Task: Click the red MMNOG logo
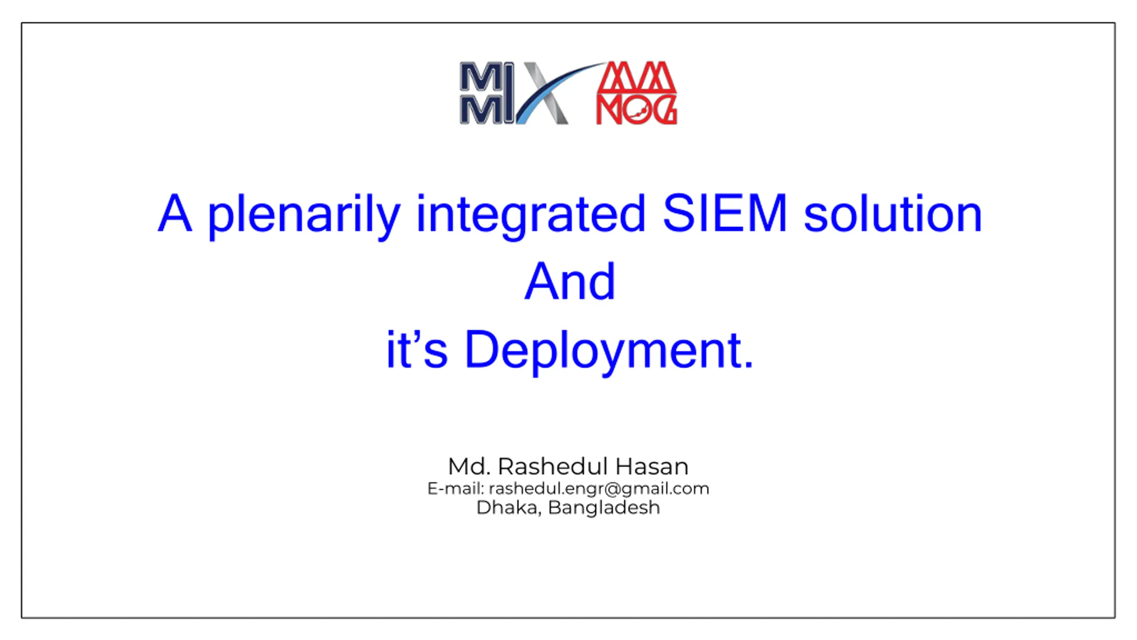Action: (x=636, y=92)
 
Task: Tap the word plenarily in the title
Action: (x=304, y=216)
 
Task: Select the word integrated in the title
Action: (x=531, y=216)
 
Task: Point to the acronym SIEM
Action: (x=725, y=213)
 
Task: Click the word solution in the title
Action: (x=893, y=213)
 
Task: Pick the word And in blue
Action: (x=570, y=281)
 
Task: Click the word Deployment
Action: (x=602, y=352)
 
